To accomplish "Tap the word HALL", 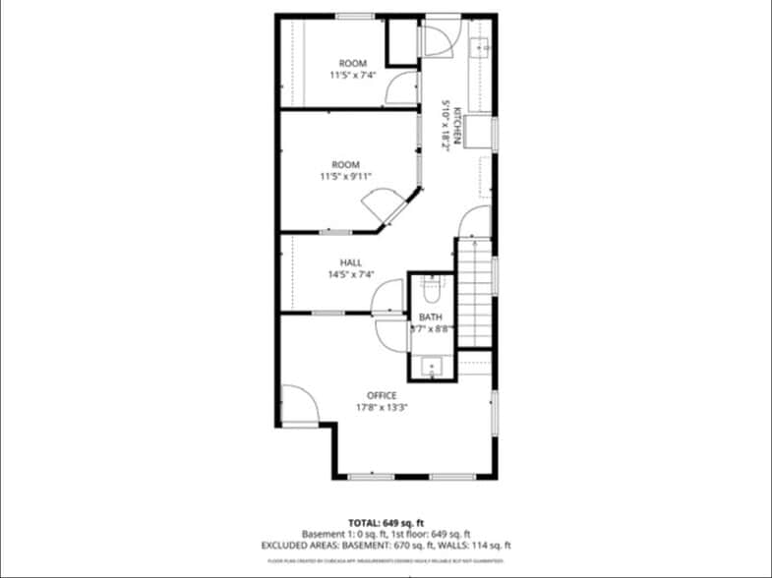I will point(351,262).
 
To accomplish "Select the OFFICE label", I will point(383,395).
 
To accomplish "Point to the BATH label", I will point(431,317).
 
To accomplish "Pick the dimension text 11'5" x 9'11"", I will point(345,177).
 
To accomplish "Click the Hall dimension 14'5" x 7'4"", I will point(351,275).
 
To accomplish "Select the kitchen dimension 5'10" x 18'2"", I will point(445,122).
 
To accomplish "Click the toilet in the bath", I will point(431,290).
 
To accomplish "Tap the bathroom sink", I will point(431,368).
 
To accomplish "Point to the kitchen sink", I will point(484,46).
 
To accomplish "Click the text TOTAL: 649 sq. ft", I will point(386,522).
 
